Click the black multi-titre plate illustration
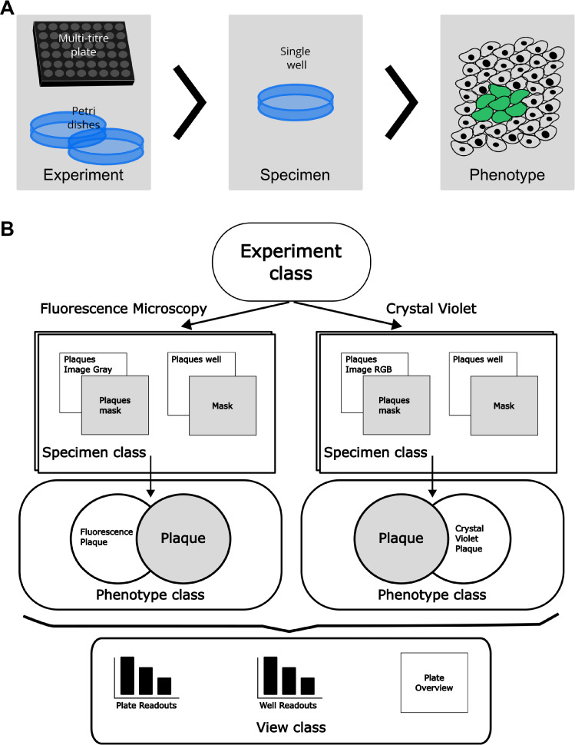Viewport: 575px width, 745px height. coord(84,53)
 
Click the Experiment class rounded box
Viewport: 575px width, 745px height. coord(291,262)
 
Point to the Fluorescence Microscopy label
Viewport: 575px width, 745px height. coord(124,309)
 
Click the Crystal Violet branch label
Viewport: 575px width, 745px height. coord(431,309)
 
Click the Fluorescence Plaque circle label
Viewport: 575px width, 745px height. coord(107,537)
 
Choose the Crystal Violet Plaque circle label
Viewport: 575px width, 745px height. coord(469,538)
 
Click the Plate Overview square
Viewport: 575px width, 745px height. coord(434,682)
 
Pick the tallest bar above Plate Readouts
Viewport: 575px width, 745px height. coord(127,676)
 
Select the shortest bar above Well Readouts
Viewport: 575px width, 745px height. coord(308,686)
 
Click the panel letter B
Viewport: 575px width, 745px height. coord(7,229)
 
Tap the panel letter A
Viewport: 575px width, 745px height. coord(7,8)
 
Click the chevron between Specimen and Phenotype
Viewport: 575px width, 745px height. coord(402,102)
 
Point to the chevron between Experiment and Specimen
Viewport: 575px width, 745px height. coord(190,102)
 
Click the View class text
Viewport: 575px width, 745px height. coord(291,727)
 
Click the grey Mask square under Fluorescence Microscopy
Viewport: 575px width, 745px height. coord(223,406)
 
